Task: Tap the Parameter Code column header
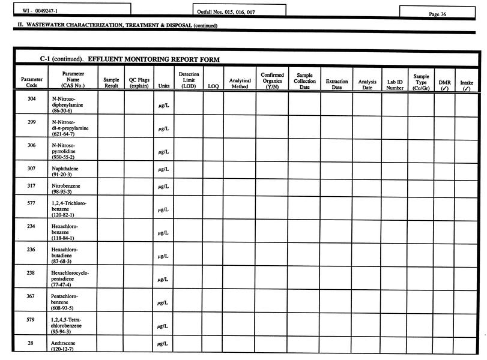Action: point(32,82)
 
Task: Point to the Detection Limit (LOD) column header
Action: point(189,80)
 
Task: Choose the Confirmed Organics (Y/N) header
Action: point(272,81)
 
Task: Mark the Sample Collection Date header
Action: point(304,81)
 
